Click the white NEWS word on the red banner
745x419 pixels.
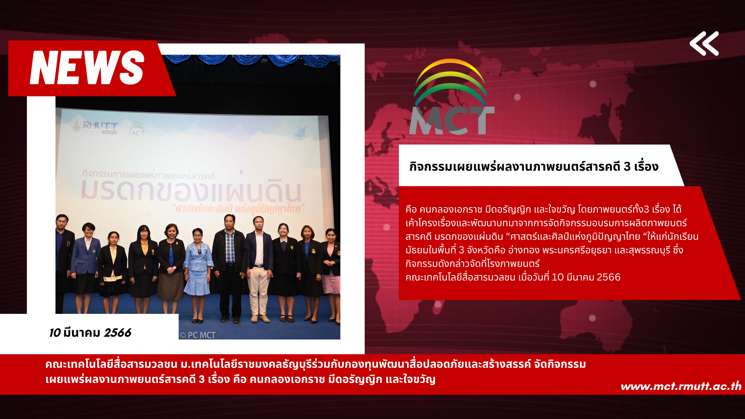(87, 68)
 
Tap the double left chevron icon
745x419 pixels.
(704, 43)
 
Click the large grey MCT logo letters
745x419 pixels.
(452, 120)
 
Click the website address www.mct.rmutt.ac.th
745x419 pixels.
(681, 386)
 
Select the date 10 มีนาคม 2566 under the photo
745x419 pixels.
(90, 332)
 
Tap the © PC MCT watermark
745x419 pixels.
(198, 335)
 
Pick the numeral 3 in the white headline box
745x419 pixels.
(627, 166)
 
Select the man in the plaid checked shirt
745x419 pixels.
(230, 268)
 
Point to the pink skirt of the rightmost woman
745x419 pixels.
(331, 284)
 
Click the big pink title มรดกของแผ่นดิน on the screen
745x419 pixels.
(191, 190)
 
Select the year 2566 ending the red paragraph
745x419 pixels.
(608, 277)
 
